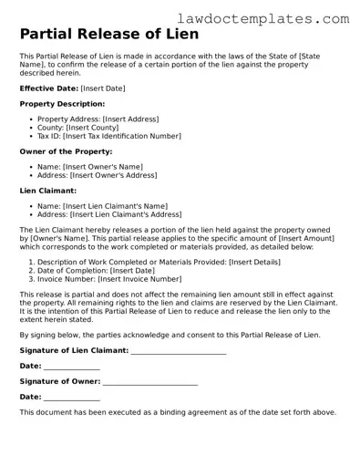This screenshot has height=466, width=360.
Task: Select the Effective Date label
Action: tap(48, 88)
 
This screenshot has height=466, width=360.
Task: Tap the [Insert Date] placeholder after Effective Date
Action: tap(103, 88)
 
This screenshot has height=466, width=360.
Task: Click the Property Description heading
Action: tap(64, 104)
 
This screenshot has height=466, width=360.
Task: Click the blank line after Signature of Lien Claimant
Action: tap(179, 351)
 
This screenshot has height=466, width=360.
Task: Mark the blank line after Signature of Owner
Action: tap(149, 382)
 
